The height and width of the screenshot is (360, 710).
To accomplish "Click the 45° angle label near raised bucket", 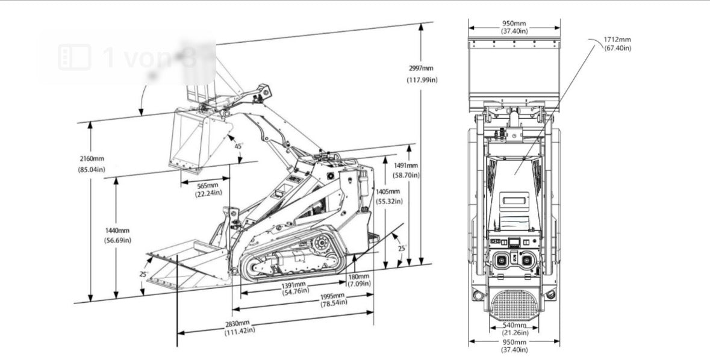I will (x=238, y=146).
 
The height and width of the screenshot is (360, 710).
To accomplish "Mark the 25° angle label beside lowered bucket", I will (x=143, y=274).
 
